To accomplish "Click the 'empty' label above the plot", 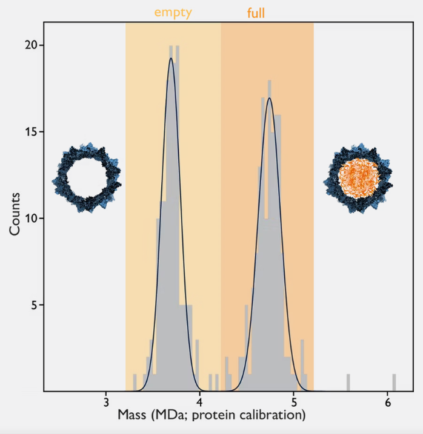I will coord(173,12).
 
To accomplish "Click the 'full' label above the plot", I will coord(256,13).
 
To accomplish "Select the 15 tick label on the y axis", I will coord(31,132).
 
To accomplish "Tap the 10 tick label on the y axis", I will coord(31,219).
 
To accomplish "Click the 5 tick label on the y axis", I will coord(34,305).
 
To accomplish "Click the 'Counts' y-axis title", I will coord(15,213).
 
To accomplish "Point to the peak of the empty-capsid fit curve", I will coord(171,58).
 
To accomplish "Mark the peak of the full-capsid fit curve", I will coord(269,98).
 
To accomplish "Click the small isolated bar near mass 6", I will coord(394,383).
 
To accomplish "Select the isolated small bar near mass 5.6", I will coord(348,383).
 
